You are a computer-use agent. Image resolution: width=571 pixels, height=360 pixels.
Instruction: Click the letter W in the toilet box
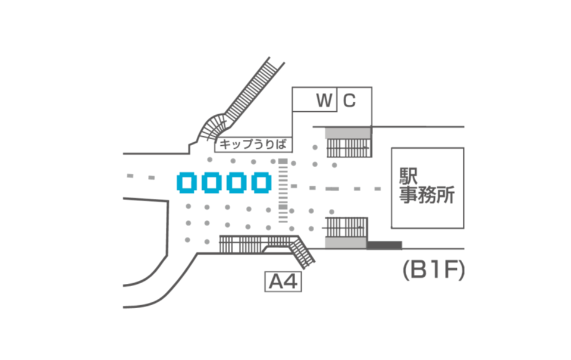click(x=324, y=101)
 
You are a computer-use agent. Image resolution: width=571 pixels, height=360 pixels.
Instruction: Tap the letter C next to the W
click(x=349, y=101)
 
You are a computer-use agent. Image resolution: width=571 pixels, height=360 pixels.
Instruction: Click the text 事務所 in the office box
click(x=426, y=196)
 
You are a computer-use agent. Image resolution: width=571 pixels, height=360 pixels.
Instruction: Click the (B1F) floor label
click(x=432, y=271)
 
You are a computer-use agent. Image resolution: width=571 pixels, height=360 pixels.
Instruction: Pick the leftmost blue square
click(x=187, y=183)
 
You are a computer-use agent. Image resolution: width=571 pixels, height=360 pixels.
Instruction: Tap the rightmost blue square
click(x=261, y=183)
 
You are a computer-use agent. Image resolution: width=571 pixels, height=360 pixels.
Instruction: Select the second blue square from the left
click(x=212, y=183)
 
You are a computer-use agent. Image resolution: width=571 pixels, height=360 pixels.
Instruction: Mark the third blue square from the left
click(x=236, y=183)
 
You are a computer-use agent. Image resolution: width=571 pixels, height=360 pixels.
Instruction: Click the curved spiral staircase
click(x=214, y=127)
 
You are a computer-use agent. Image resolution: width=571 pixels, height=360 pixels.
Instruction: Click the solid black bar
click(x=384, y=245)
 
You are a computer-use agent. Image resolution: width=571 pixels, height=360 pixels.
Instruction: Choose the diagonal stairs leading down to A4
click(x=304, y=251)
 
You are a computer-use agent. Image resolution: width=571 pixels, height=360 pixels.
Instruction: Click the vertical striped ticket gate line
click(x=283, y=190)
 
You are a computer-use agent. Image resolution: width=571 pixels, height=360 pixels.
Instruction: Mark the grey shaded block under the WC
click(x=349, y=132)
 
